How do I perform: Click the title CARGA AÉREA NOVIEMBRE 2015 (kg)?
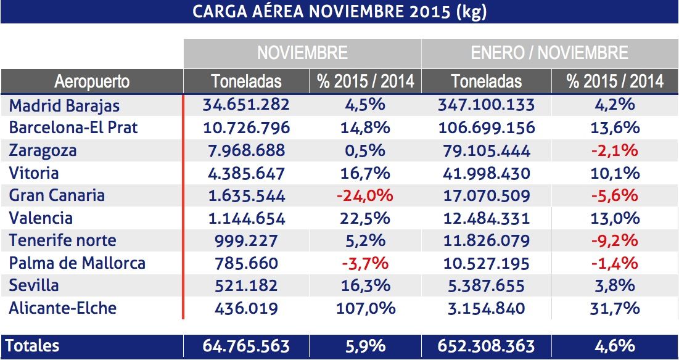(339, 12)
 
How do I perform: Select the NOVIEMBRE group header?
(302, 52)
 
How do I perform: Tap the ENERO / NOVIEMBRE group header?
(549, 52)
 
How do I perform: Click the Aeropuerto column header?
(92, 81)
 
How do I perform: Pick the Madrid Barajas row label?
(64, 105)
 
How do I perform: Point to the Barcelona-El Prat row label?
(73, 128)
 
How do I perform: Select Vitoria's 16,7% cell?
(365, 173)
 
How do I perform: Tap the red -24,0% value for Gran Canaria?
(364, 195)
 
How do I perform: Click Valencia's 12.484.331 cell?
(487, 218)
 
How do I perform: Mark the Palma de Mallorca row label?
(77, 263)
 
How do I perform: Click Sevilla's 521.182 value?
(246, 285)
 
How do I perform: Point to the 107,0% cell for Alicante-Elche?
(365, 308)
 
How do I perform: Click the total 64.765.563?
(246, 346)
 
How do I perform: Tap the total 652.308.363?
(487, 346)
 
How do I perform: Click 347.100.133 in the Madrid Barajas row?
(487, 105)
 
